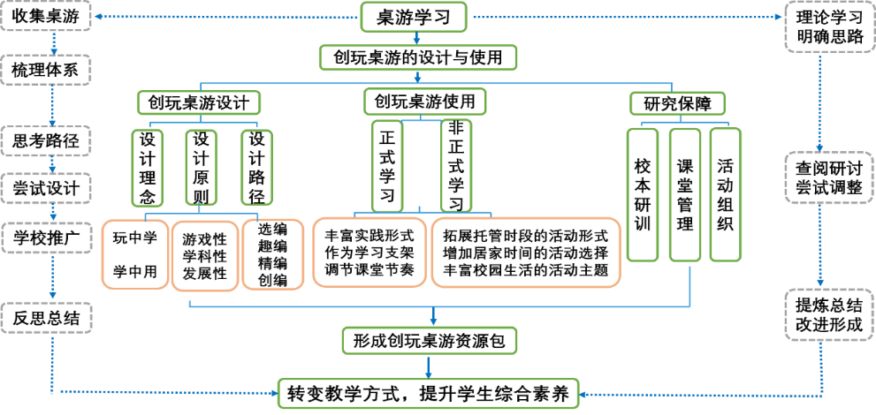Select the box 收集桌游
tap(45, 17)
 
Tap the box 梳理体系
tap(45, 70)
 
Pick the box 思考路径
tap(45, 140)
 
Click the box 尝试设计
tap(45, 188)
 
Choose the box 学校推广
tap(45, 238)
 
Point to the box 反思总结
tap(45, 317)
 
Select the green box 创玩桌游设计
tap(198, 102)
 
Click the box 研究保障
tap(677, 102)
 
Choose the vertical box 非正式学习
tap(456, 165)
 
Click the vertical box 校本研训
tap(643, 194)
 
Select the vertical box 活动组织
tap(725, 194)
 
